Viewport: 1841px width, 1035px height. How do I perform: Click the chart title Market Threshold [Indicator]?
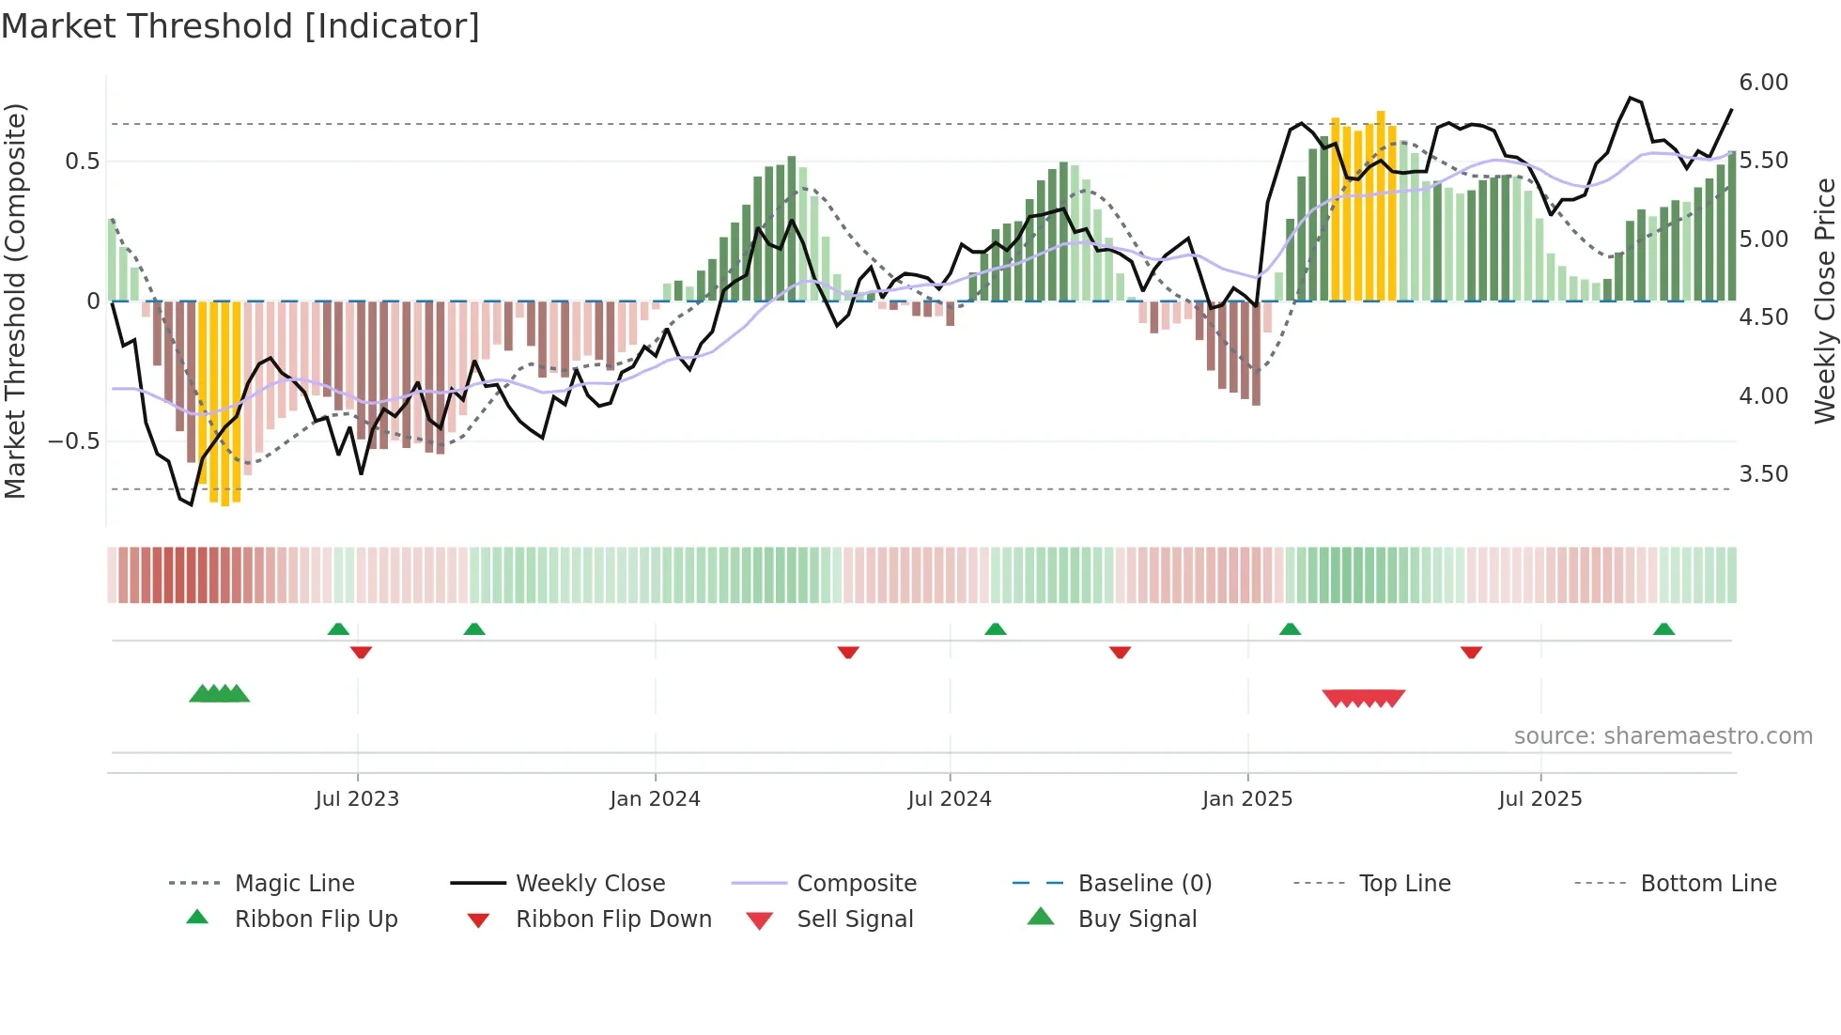(240, 26)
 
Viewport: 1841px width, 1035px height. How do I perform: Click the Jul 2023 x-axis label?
(357, 799)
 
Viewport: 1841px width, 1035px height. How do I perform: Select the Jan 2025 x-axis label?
(1247, 799)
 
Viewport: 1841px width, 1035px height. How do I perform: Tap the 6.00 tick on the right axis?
(1763, 83)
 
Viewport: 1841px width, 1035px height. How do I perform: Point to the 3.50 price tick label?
(1763, 474)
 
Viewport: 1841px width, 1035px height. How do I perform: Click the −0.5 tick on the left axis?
(73, 441)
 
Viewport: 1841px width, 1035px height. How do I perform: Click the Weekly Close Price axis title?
(1824, 301)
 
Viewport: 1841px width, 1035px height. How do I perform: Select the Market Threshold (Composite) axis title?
(15, 301)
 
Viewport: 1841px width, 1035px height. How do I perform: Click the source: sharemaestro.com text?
(1663, 736)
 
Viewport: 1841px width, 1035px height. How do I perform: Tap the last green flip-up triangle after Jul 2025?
(1663, 629)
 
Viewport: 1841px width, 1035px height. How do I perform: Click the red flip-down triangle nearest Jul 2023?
(361, 652)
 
